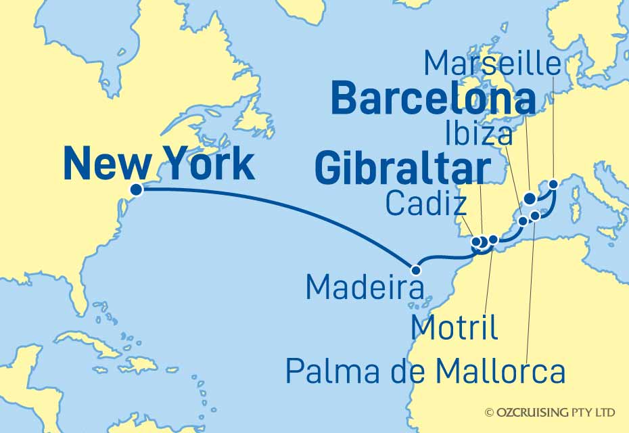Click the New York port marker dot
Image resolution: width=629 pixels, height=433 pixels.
coord(136,189)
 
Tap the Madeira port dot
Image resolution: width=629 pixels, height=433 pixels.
coord(416,270)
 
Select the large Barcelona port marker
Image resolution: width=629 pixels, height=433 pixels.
coord(530,199)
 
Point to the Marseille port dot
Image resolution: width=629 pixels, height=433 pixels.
coord(553,183)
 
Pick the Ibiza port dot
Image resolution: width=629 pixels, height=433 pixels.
coord(522,221)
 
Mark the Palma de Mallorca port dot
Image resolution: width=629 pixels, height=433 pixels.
coord(535,216)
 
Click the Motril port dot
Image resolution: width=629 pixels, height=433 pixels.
coord(493,239)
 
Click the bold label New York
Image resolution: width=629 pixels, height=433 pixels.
coord(159,164)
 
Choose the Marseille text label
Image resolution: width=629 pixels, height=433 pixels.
coord(492,64)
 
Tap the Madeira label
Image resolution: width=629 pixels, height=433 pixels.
coord(365,287)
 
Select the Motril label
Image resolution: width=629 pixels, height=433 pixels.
coord(455,328)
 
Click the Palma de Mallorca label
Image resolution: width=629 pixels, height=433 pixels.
coord(425,371)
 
